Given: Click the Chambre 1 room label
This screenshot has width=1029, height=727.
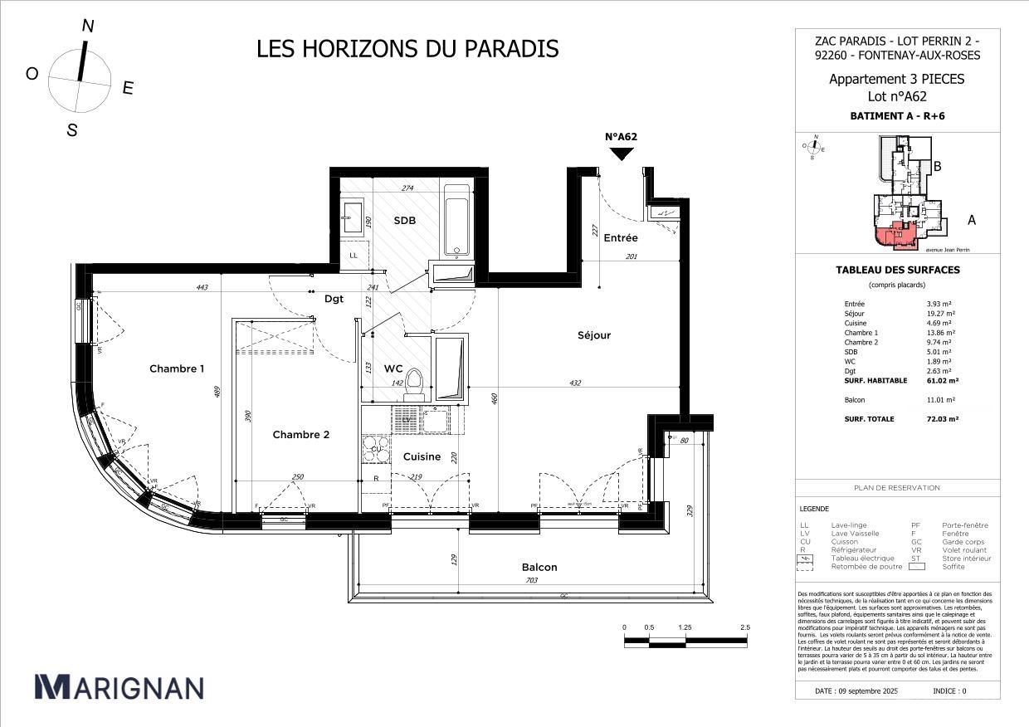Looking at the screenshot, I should (177, 368).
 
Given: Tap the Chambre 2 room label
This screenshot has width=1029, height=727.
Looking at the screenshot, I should (301, 435).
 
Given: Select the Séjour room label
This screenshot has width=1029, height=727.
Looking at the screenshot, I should (594, 335).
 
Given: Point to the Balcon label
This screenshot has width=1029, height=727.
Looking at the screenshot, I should (539, 568).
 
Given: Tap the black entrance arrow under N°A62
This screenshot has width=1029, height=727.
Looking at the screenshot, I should (622, 154).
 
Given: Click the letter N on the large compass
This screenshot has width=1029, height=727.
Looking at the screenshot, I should (87, 27).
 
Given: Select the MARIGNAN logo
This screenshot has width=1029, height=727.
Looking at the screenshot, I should (119, 687).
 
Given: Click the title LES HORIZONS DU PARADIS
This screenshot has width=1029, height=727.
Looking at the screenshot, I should (407, 49).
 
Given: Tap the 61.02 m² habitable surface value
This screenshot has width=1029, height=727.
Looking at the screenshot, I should (942, 381).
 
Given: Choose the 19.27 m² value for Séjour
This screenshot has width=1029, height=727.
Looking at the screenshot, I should (941, 314).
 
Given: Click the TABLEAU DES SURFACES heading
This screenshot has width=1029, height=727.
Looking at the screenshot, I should (897, 270).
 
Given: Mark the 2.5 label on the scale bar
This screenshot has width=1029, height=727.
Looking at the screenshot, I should (745, 627).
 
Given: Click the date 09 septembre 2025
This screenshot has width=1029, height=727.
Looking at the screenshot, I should (856, 690).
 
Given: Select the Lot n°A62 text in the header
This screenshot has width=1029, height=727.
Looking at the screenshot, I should (897, 96).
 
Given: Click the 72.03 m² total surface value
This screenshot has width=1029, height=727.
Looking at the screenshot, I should (942, 419).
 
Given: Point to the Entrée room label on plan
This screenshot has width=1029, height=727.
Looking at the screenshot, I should (621, 238).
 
